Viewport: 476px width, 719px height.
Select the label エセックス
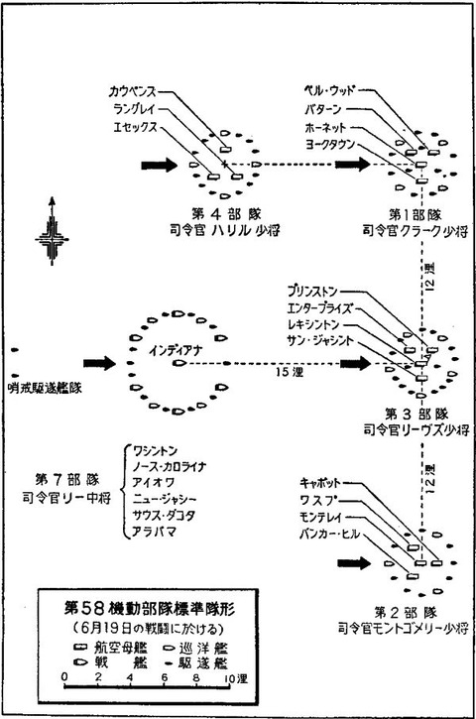134,127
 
